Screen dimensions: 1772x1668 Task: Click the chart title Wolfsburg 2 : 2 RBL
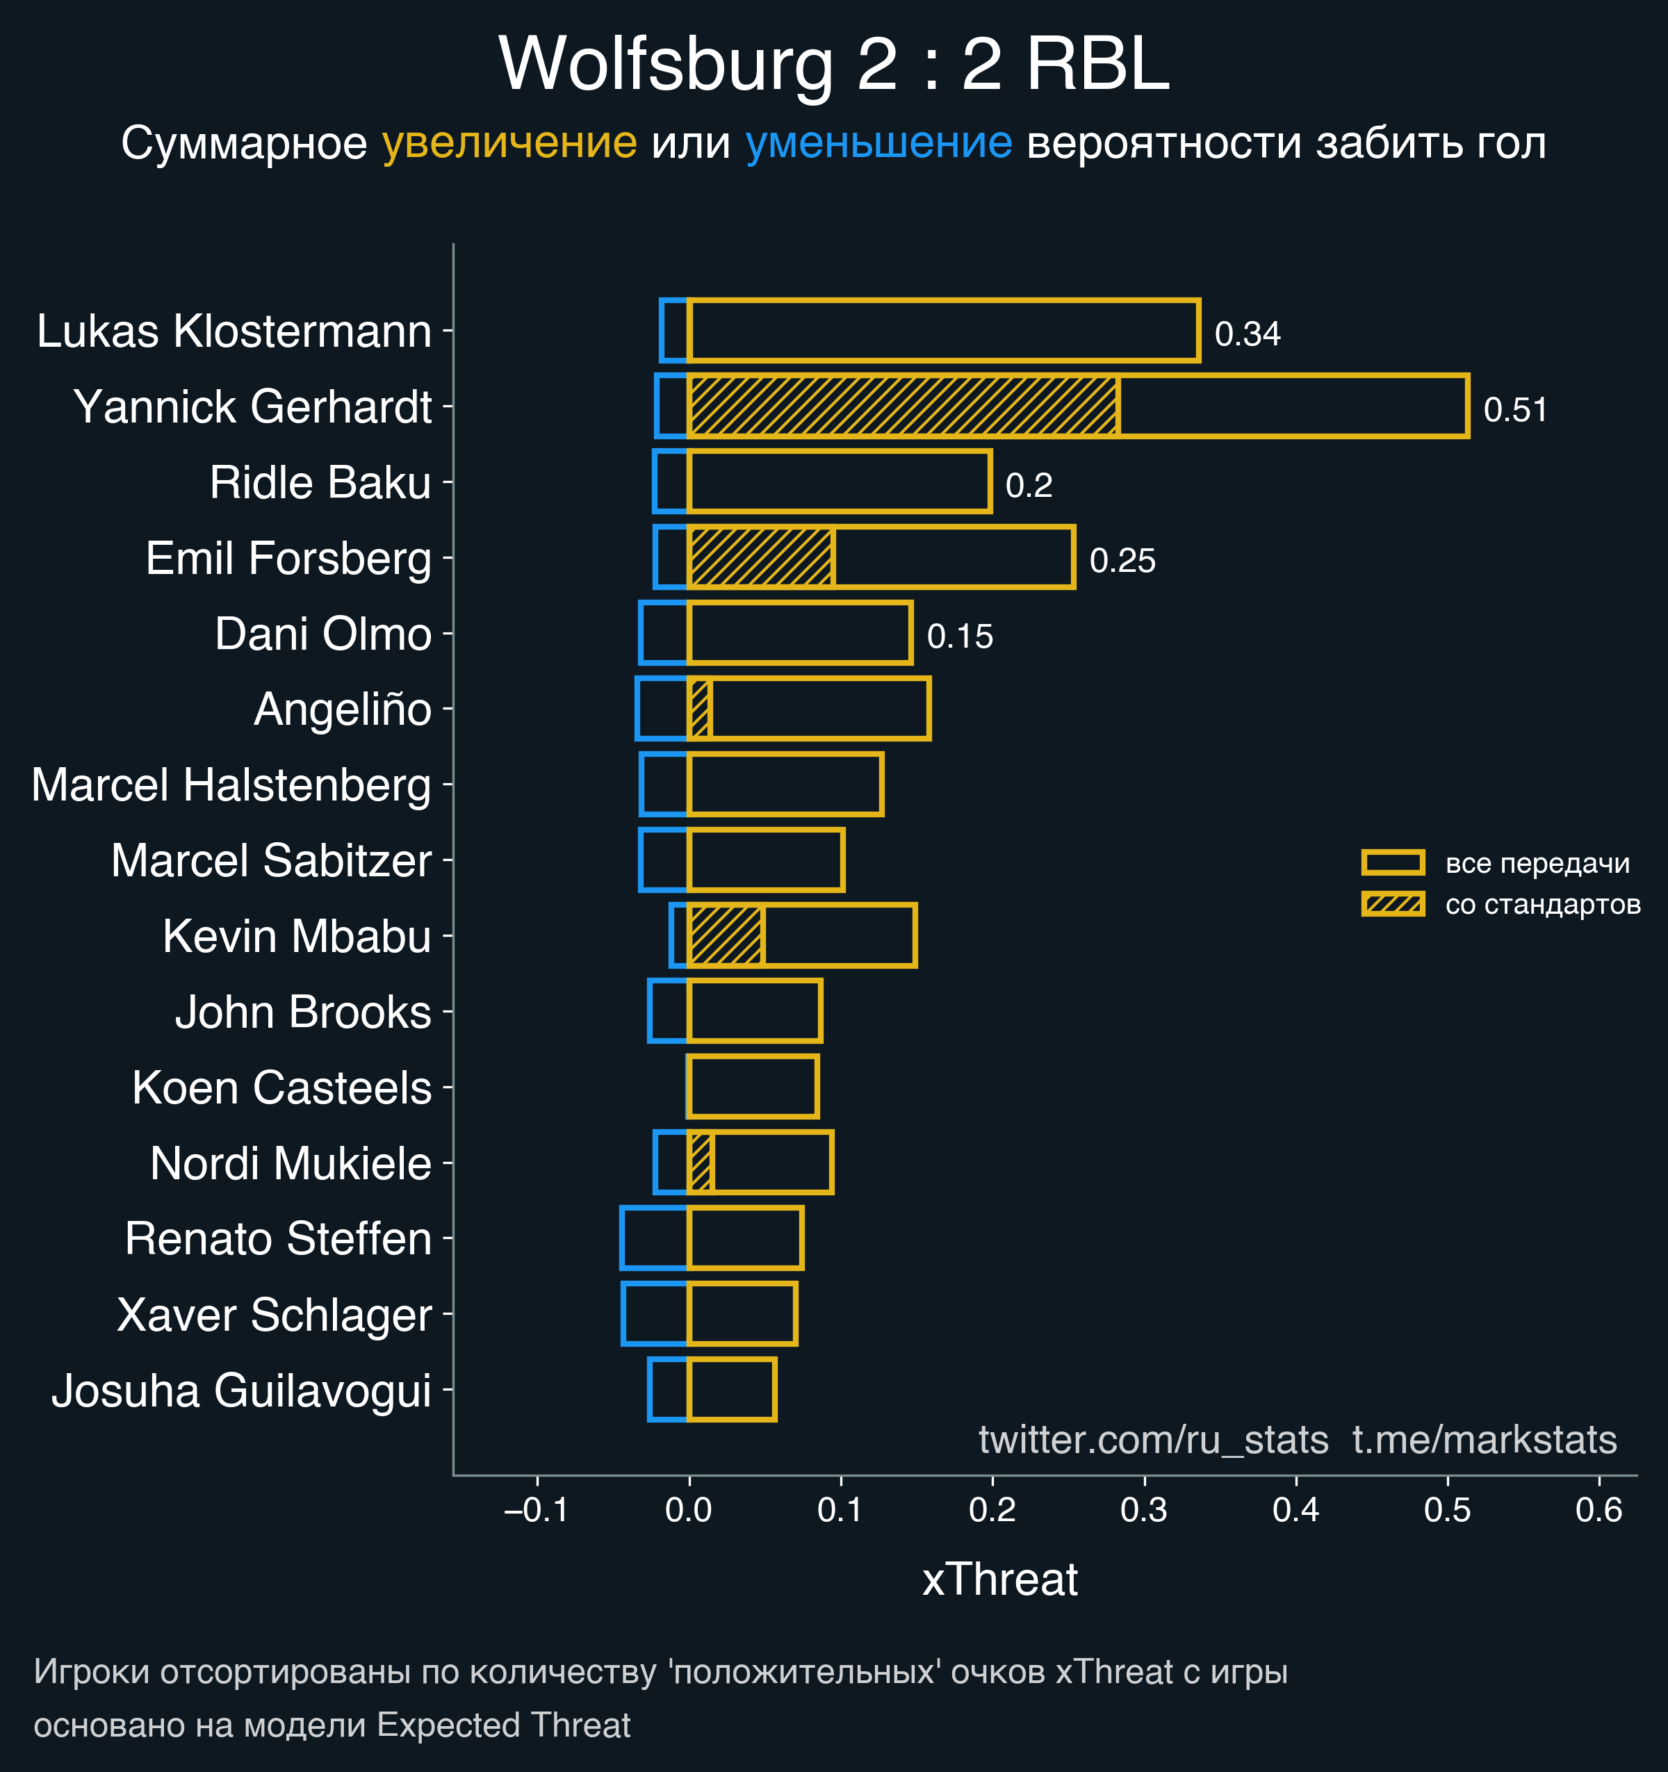[x=833, y=64]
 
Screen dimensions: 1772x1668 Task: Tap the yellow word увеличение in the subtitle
[x=509, y=142]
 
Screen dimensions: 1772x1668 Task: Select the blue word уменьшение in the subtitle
[x=878, y=142]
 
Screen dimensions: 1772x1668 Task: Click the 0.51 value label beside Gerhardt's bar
[x=1514, y=410]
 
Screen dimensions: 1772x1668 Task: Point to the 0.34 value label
[x=1248, y=334]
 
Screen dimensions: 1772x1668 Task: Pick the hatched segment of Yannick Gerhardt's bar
[x=902, y=407]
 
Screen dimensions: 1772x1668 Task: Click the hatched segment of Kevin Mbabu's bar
[x=726, y=935]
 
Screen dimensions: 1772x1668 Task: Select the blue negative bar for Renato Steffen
[x=655, y=1238]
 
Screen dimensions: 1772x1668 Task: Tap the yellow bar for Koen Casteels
[x=753, y=1087]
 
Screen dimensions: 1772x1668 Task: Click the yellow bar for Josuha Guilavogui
[x=731, y=1390]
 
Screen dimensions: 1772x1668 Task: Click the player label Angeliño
[x=343, y=709]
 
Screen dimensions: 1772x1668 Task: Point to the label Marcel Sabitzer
[x=271, y=861]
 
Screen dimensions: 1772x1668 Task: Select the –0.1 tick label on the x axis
[x=536, y=1510]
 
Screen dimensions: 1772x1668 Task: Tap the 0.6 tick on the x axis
[x=1598, y=1510]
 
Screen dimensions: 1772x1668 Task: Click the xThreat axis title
[x=999, y=1580]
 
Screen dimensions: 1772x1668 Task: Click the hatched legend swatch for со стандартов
[x=1393, y=904]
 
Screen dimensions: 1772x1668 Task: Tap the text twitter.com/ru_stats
[x=1153, y=1440]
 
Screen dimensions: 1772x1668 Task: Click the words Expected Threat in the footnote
[x=504, y=1725]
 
